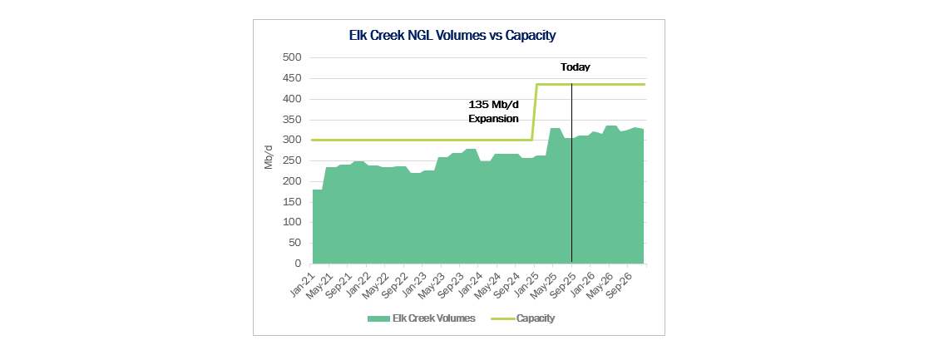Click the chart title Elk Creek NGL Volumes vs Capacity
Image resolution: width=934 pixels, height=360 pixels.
pos(452,36)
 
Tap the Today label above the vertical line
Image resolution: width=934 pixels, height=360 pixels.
pos(575,67)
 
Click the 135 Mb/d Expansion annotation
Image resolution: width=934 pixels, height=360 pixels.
pos(494,112)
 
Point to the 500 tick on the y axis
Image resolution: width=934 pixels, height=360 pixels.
pos(291,58)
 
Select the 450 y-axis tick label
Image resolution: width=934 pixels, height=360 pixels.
pos(291,79)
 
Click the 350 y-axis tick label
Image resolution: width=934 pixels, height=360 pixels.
pos(291,120)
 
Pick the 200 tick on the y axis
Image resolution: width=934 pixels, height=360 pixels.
pos(291,181)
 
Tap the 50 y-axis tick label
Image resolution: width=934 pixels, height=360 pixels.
pos(294,244)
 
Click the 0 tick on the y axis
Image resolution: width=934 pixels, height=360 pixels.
pos(297,264)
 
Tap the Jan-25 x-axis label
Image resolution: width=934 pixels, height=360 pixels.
pos(529,280)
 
